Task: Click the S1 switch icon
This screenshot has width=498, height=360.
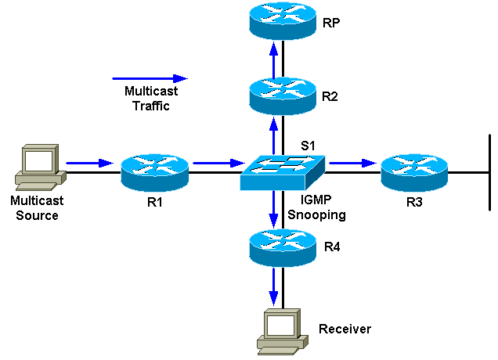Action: pos(283,171)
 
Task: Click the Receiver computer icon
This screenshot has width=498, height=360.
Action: pos(281,332)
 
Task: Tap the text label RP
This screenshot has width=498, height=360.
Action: pos(330,23)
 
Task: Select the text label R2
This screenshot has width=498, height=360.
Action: pos(330,96)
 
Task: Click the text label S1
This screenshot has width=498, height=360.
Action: pos(310,145)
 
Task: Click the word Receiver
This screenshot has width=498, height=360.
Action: pos(345,329)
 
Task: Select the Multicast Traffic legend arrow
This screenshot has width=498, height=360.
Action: pos(150,78)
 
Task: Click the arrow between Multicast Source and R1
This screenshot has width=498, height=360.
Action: pos(89,164)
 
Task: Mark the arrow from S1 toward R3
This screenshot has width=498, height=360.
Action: pos(352,164)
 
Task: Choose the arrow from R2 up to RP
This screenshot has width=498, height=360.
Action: pos(273,61)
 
